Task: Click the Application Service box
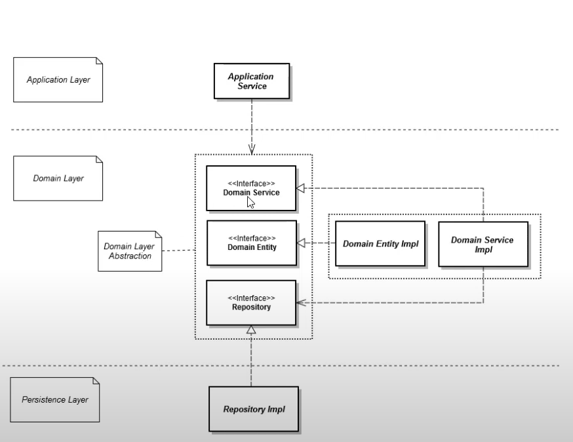click(x=250, y=81)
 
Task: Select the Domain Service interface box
click(x=250, y=188)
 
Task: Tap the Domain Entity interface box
click(x=251, y=243)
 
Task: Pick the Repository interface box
click(x=251, y=302)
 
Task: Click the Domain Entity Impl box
click(x=380, y=243)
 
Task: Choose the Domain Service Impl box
click(x=483, y=244)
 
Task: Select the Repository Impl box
click(x=253, y=409)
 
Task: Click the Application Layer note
click(x=58, y=80)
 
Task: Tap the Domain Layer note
click(x=58, y=178)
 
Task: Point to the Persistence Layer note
click(x=55, y=399)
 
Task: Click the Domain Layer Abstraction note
click(x=129, y=251)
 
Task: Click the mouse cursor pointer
click(x=250, y=202)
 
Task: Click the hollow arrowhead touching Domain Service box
click(x=300, y=189)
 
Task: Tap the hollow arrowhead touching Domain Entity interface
click(x=301, y=243)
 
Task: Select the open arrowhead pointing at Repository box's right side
click(x=300, y=302)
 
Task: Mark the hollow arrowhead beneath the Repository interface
click(x=251, y=331)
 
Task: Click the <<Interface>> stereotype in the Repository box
click(x=251, y=297)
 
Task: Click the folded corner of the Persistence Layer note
click(x=95, y=381)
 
